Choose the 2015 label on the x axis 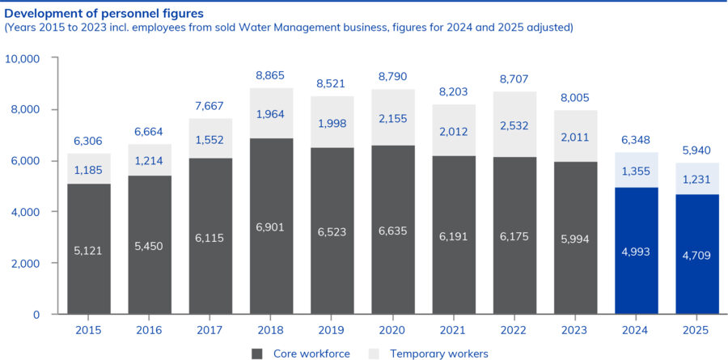point(88,330)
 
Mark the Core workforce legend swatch point(258,354)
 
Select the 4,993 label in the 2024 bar point(637,250)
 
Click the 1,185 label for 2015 point(88,170)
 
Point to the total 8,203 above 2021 point(454,91)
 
